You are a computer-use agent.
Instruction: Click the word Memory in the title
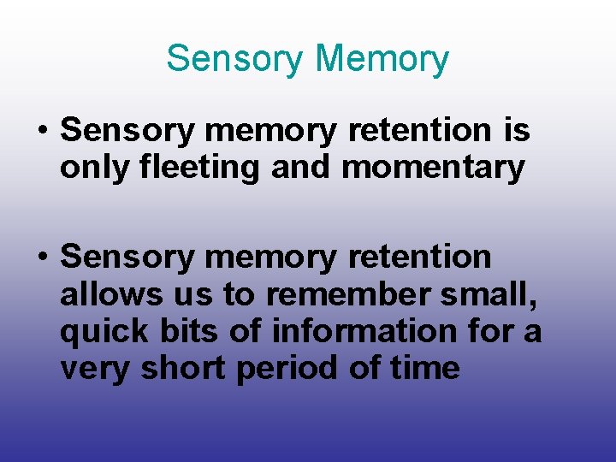tap(382, 59)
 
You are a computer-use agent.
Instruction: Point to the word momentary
tap(433, 168)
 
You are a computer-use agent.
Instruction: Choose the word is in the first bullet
tap(517, 131)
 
